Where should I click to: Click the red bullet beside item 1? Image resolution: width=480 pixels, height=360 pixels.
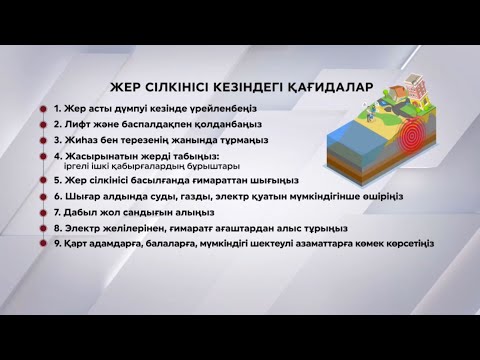coord(43,108)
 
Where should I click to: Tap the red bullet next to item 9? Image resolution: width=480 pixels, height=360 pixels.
coord(43,243)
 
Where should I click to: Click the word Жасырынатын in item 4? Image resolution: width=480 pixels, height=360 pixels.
coord(103,157)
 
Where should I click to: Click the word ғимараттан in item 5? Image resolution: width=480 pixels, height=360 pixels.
coord(213,182)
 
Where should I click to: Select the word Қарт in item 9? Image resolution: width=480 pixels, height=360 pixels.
coord(78,243)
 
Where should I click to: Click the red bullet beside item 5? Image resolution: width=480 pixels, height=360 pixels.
coord(43,182)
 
